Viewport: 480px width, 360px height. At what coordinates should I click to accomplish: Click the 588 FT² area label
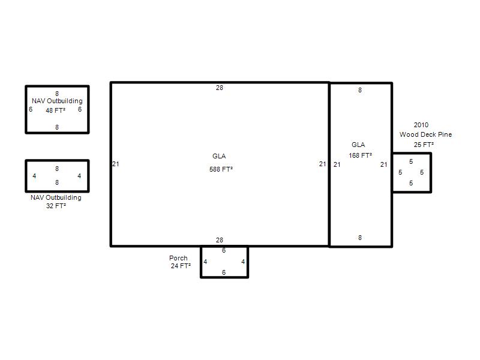click(221, 169)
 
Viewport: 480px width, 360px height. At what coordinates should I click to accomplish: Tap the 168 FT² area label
click(361, 155)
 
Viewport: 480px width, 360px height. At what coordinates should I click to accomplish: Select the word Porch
click(178, 258)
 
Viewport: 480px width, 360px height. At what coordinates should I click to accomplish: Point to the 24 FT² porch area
click(181, 266)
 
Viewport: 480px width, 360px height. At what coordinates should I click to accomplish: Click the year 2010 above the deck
click(421, 125)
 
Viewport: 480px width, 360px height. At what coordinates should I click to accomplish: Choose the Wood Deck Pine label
click(425, 134)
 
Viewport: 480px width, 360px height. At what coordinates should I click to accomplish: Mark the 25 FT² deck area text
click(424, 145)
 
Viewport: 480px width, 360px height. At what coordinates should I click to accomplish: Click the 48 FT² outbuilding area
click(55, 110)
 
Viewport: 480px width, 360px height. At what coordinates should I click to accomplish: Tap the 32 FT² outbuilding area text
click(56, 206)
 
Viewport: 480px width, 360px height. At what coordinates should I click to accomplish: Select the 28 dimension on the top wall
click(220, 88)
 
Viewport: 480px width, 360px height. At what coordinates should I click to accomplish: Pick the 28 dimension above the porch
click(220, 240)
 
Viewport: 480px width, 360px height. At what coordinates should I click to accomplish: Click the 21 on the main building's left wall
click(116, 164)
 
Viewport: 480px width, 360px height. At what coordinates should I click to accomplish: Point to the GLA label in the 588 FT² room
click(219, 156)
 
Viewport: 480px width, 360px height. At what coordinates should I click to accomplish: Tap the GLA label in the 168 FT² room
click(358, 145)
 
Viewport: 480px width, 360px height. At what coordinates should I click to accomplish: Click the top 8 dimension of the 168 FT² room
click(360, 90)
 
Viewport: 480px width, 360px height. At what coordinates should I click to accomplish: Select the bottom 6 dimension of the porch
click(224, 272)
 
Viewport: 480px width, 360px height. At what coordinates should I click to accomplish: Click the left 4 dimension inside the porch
click(205, 262)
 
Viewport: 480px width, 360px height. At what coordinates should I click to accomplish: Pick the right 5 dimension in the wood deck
click(422, 172)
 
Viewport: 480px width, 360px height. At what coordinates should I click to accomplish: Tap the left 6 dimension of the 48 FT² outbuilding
click(31, 109)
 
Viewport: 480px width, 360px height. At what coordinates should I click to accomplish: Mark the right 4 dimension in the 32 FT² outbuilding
click(79, 176)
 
